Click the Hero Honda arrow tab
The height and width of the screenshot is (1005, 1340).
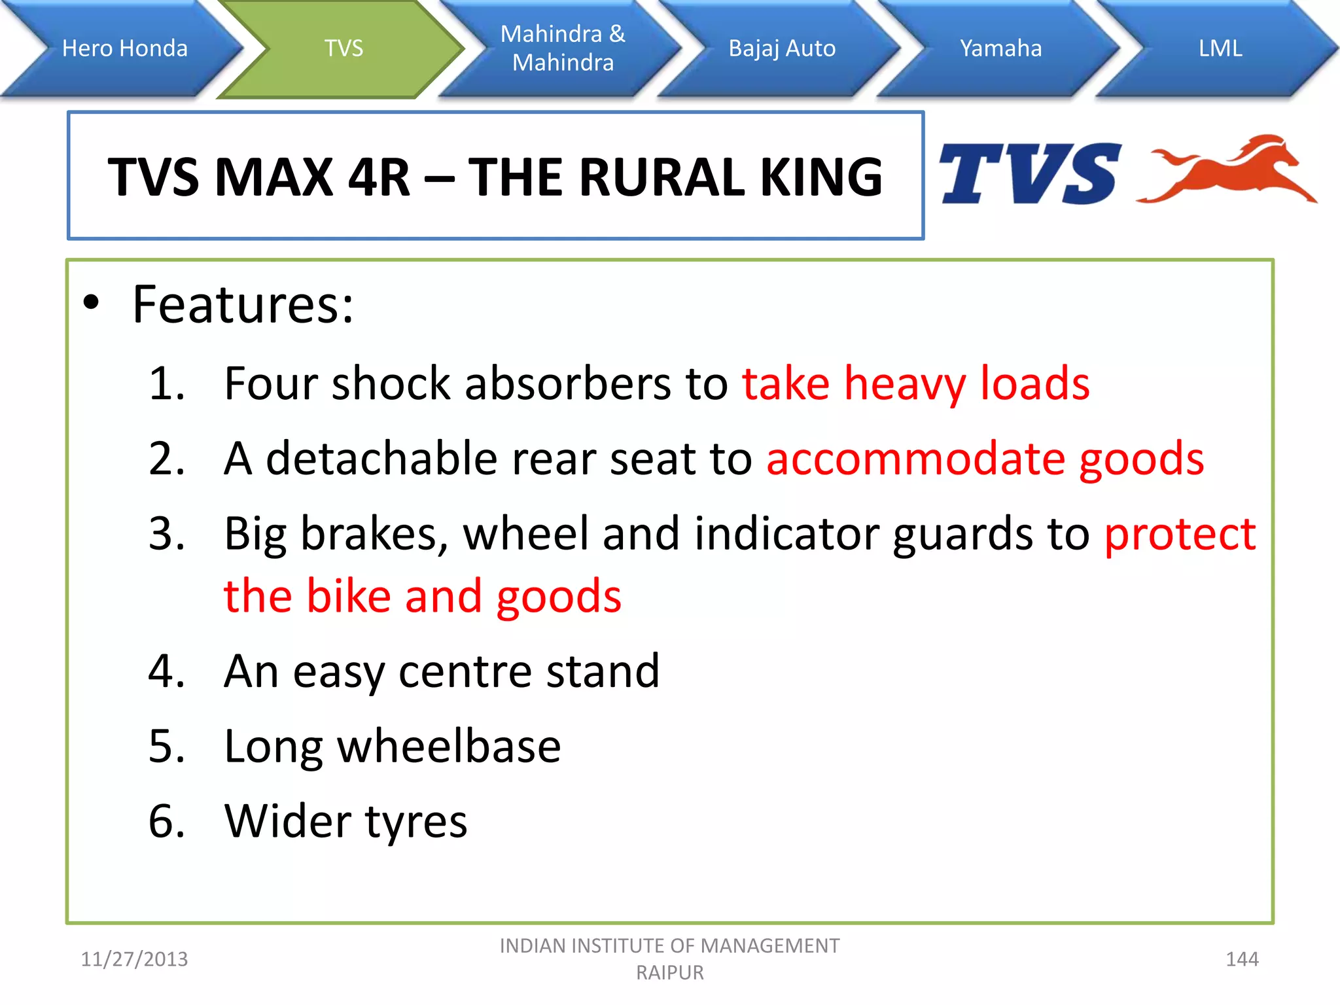coord(124,48)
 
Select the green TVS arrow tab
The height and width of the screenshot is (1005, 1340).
coord(344,48)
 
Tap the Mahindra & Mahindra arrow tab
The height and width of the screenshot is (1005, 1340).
coord(563,48)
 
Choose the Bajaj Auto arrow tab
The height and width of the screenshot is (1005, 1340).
coord(782,48)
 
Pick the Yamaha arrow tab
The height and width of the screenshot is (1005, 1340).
coord(1000,48)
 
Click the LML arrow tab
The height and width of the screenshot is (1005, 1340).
coord(1220,48)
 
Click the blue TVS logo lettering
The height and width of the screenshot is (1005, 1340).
coord(1029,174)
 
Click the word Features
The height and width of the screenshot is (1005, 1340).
coord(243,305)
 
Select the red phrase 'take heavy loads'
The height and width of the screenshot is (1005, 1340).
coord(915,383)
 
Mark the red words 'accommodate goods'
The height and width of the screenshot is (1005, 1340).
coord(985,458)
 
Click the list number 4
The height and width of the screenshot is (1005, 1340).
coord(166,671)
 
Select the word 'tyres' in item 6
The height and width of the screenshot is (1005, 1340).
coord(416,822)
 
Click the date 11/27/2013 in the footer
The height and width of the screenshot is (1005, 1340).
coord(134,959)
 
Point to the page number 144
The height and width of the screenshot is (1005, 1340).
coord(1241,959)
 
